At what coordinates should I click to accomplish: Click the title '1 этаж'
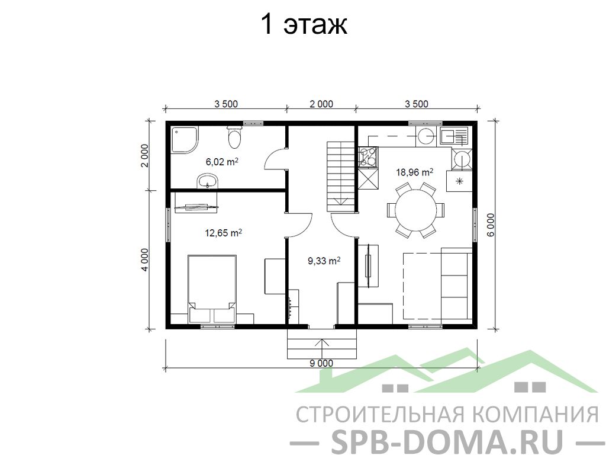pos(304,24)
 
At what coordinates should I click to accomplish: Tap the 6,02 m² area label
pos(222,161)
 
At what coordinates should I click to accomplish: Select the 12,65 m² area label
pos(223,233)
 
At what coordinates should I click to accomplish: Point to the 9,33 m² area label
pos(324,261)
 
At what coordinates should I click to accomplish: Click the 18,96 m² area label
pos(414,172)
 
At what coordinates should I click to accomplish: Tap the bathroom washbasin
pos(208,181)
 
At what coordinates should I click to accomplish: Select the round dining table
pos(416,210)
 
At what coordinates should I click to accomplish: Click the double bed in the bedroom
pos(212,289)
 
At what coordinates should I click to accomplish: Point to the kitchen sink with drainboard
pos(454,137)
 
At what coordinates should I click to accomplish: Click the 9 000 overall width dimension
pos(321,363)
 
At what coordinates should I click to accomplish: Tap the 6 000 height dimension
pos(491,225)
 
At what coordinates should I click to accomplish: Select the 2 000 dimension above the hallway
pos(321,104)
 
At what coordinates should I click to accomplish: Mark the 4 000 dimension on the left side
pos(144,260)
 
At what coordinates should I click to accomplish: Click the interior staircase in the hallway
pos(341,177)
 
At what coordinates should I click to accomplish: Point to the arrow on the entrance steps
pos(321,344)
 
